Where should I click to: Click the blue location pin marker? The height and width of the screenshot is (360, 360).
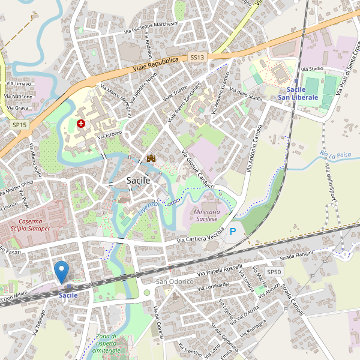[x=61, y=272]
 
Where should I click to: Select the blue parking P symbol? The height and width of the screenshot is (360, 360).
[x=233, y=231]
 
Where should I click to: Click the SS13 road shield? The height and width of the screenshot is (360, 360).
[x=197, y=57]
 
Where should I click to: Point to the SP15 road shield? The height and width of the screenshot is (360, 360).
[x=19, y=124]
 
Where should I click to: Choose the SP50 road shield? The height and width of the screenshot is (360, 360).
[x=274, y=272]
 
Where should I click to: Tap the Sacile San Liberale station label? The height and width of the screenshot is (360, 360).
[x=298, y=93]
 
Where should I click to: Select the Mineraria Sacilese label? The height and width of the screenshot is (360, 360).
[x=206, y=215]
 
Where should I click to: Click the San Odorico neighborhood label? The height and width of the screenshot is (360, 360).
[x=175, y=281]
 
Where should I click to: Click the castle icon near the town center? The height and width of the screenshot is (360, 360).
[x=152, y=158]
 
